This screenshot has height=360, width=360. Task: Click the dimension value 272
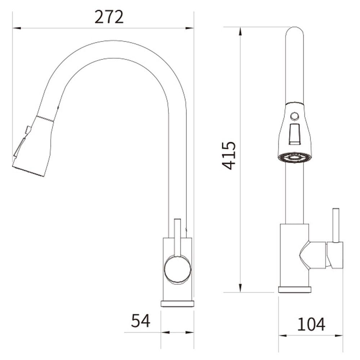(x=109, y=17)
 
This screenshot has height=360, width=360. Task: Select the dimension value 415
(x=229, y=156)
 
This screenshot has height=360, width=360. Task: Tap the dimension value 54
(x=140, y=320)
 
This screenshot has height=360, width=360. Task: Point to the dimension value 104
(x=311, y=324)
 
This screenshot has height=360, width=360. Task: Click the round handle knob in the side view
(x=177, y=269)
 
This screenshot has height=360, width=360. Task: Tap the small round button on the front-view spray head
(x=294, y=116)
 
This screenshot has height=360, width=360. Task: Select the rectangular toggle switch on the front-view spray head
(x=295, y=134)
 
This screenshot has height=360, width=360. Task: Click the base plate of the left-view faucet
(x=177, y=303)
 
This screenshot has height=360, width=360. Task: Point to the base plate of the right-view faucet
(x=294, y=289)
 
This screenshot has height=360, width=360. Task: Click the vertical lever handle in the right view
(x=336, y=225)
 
